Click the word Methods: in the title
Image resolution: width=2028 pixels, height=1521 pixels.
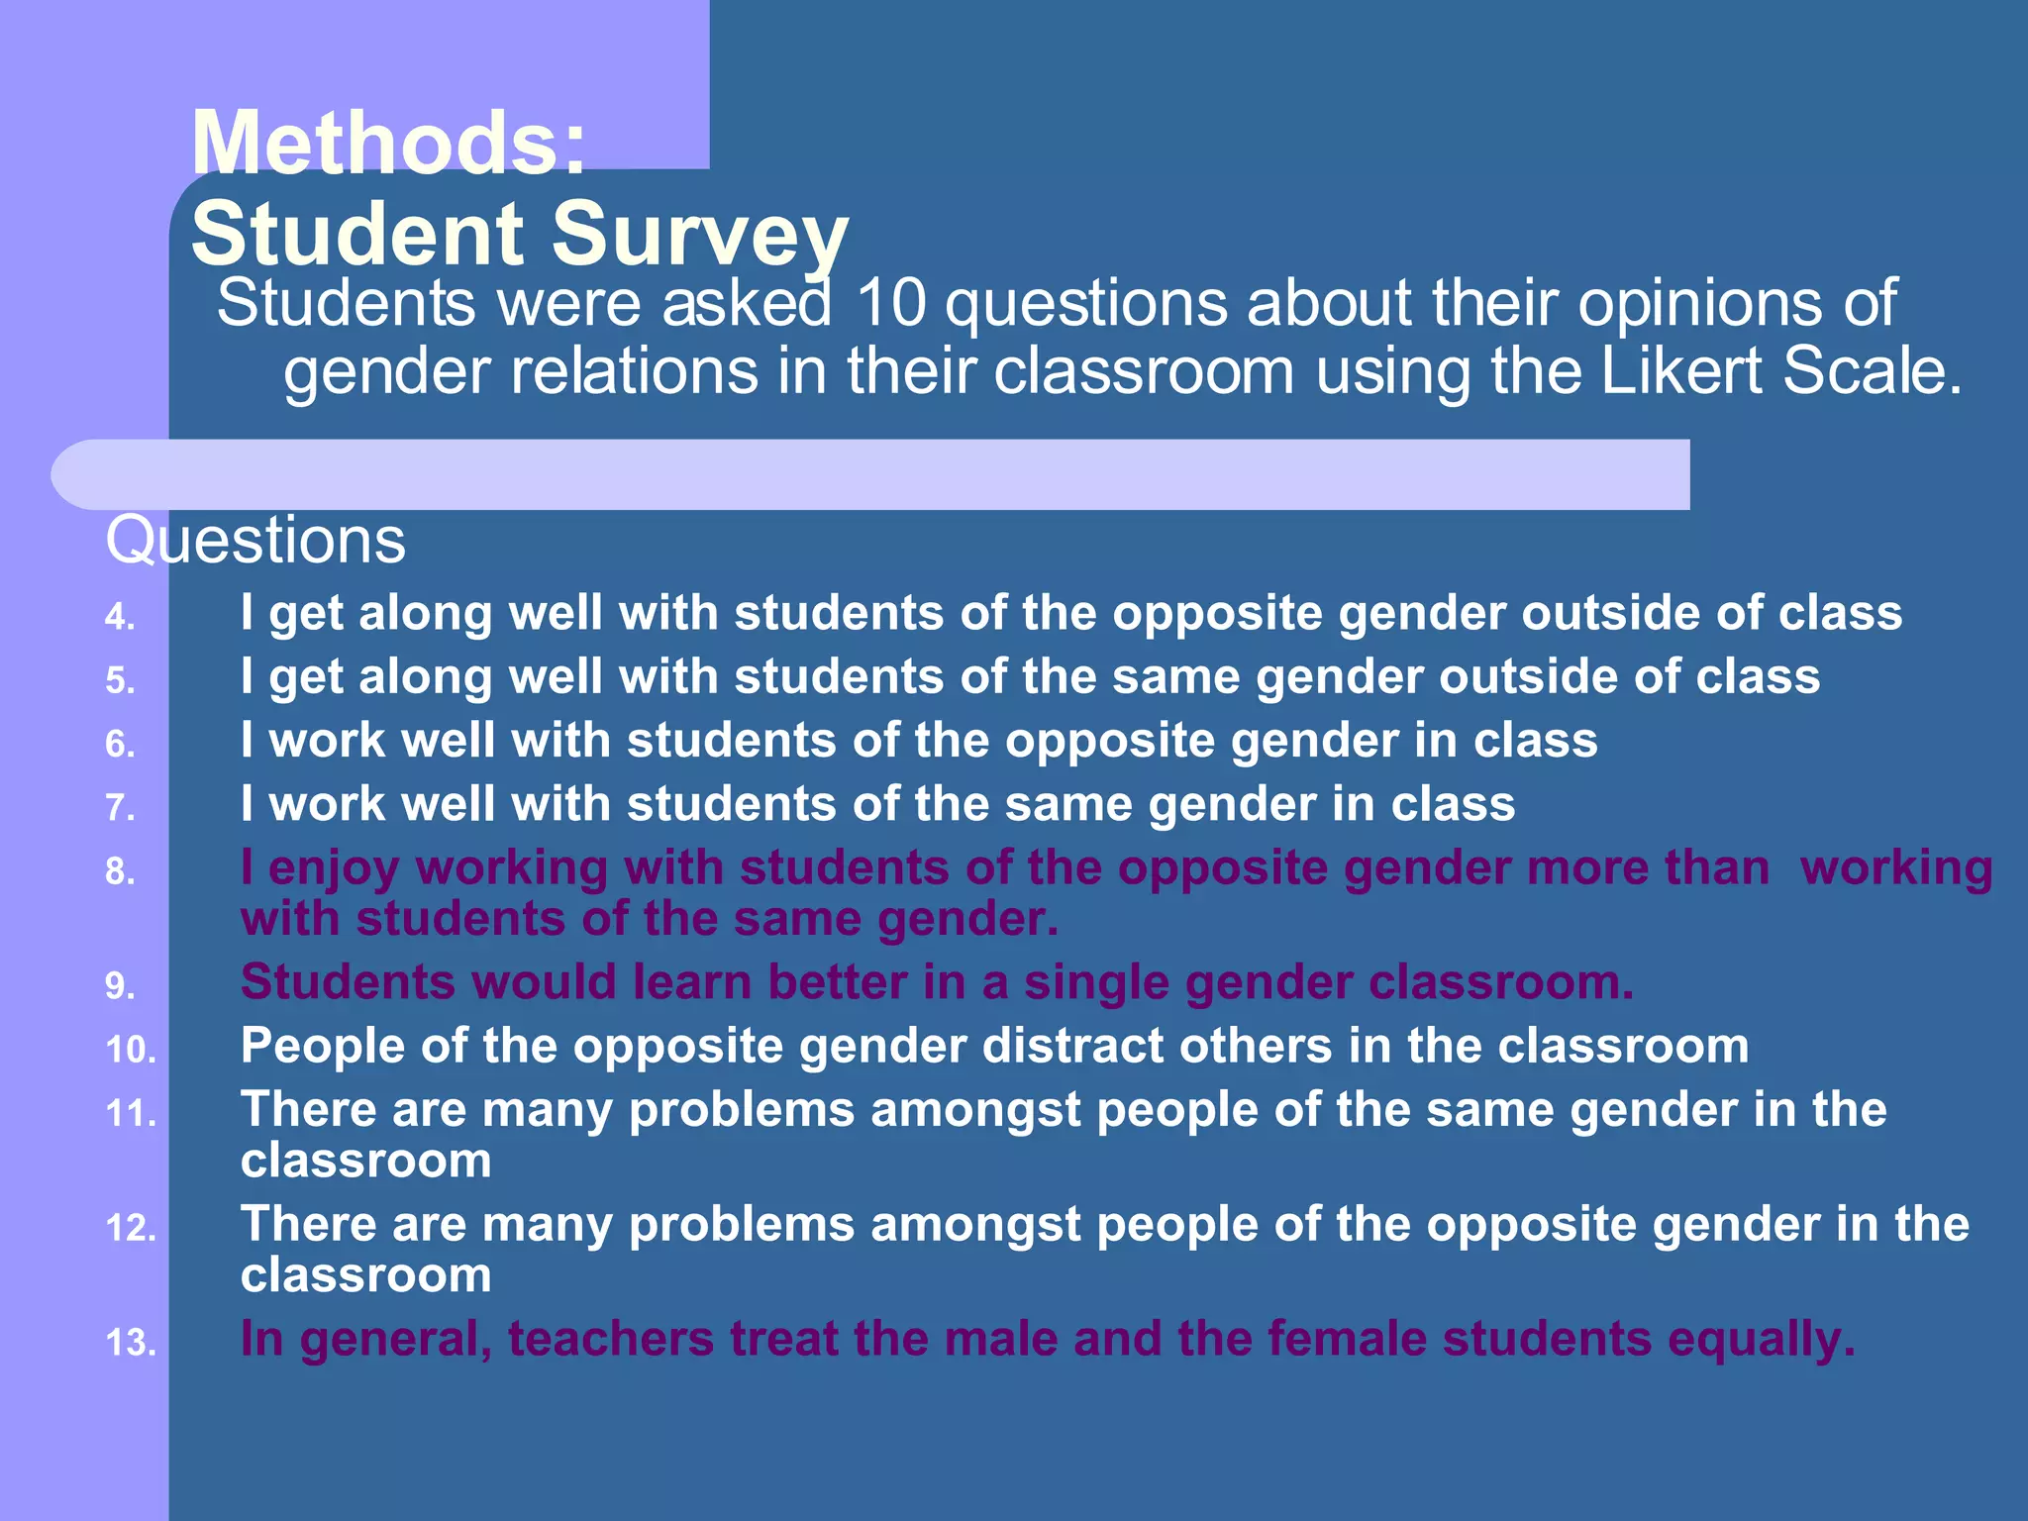(389, 144)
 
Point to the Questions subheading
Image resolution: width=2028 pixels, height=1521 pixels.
(255, 541)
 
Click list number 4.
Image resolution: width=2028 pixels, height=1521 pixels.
(120, 618)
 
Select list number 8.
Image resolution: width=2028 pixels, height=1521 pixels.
(120, 872)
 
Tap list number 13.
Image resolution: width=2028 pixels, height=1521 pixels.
(131, 1344)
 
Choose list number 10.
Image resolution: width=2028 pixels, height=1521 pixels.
(131, 1051)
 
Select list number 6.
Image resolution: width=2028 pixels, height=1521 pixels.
(120, 745)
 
